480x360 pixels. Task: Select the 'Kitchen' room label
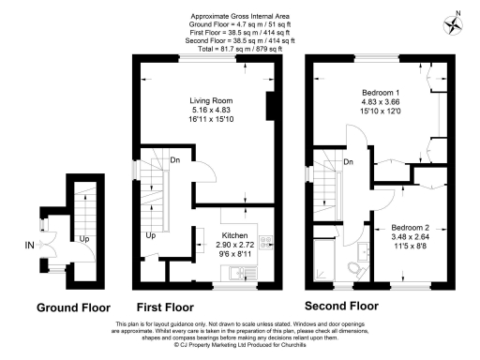click(x=234, y=235)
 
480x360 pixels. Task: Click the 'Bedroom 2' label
click(x=409, y=229)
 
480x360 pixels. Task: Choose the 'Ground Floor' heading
click(x=72, y=307)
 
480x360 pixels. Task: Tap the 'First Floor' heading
click(x=165, y=307)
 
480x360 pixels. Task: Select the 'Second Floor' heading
click(x=342, y=307)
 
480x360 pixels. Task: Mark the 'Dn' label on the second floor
click(x=348, y=163)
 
